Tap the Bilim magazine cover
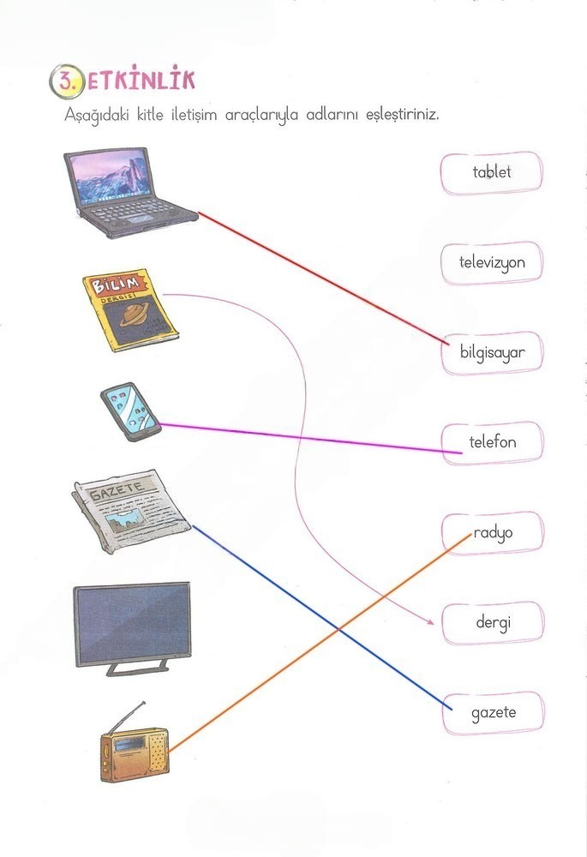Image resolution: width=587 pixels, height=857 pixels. click(x=130, y=312)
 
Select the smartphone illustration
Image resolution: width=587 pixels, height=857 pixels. click(x=130, y=411)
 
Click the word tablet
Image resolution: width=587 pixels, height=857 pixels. click(x=492, y=172)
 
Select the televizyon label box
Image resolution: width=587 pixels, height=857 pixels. click(x=492, y=263)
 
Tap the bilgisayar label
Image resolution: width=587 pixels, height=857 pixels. click(x=492, y=352)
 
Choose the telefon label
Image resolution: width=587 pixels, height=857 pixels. click(x=492, y=442)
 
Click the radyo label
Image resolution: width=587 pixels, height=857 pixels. click(x=492, y=532)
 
